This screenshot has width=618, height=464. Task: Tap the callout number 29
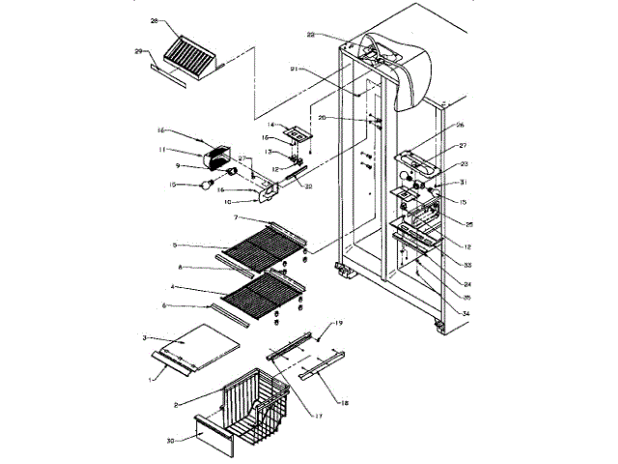(x=138, y=50)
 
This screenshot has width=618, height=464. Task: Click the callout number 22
(x=311, y=36)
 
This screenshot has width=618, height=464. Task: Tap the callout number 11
(x=164, y=150)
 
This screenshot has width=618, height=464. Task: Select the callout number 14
(x=271, y=125)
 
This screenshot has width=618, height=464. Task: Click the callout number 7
(x=237, y=218)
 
